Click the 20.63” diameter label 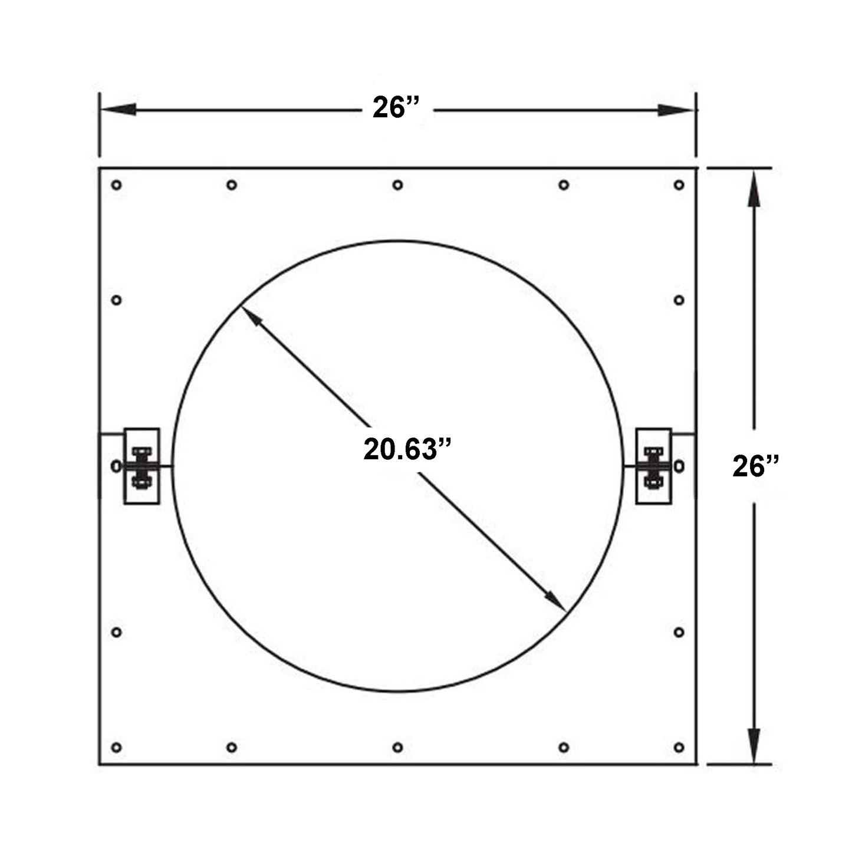(407, 449)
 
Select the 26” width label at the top (396, 108)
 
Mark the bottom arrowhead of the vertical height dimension (754, 744)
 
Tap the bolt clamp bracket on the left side (142, 466)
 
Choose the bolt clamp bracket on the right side (653, 466)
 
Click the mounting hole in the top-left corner (117, 185)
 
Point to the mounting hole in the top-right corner (679, 185)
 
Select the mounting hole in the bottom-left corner (117, 748)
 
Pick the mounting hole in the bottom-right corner (679, 748)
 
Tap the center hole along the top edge (398, 185)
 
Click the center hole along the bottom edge (398, 748)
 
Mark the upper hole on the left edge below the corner (117, 300)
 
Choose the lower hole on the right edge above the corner (679, 633)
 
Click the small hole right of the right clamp (679, 466)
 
